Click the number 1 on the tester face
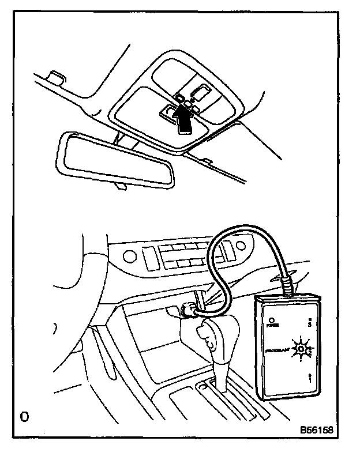310,380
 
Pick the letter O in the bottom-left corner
24,416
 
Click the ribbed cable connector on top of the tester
287,286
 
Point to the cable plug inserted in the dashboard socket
189,310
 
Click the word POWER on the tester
272,326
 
